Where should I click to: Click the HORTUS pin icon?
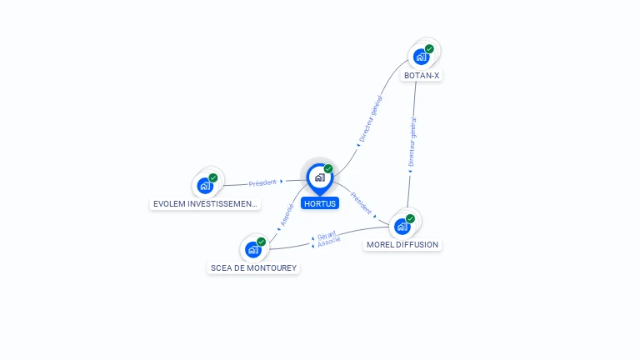click(x=320, y=178)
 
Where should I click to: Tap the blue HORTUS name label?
click(x=320, y=203)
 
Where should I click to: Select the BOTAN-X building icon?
click(x=421, y=57)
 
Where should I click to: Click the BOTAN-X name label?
click(x=422, y=76)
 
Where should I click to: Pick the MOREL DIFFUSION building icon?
click(x=402, y=227)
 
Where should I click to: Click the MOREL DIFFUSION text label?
click(x=402, y=244)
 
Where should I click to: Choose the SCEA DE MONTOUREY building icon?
click(x=253, y=249)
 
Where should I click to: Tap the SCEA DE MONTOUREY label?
click(x=253, y=267)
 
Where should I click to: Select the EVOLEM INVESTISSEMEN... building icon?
click(x=205, y=186)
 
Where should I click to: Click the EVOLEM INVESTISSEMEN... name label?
click(x=205, y=203)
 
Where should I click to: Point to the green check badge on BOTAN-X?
click(x=429, y=49)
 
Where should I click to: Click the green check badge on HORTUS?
click(x=328, y=168)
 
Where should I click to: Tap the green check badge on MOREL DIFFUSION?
click(x=410, y=219)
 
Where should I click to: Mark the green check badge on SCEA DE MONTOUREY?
click(x=261, y=242)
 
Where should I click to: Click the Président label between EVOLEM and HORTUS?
click(x=262, y=182)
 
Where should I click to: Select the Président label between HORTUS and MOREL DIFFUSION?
click(x=361, y=203)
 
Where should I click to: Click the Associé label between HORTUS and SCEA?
click(x=287, y=215)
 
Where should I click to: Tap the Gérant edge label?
click(x=327, y=236)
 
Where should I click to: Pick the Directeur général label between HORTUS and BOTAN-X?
click(x=371, y=119)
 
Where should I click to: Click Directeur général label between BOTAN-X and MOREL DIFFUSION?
click(x=412, y=142)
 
